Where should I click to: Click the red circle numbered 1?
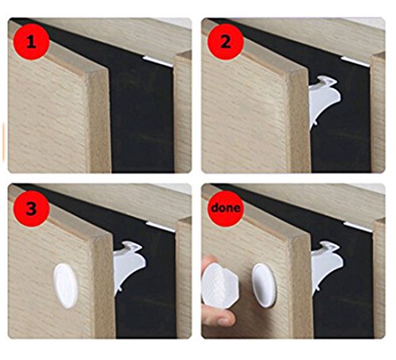point(31,43)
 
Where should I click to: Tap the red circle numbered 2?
point(225,43)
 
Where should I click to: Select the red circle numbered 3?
point(31,210)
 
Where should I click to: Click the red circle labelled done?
point(226,208)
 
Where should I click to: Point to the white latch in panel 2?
point(323,101)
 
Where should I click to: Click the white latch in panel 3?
point(128,266)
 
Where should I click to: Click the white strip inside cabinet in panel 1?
point(158,61)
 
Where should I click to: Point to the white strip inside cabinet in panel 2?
point(355,61)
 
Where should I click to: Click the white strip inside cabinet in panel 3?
point(161,227)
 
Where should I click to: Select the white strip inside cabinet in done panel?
point(358,227)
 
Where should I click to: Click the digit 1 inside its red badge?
point(31,43)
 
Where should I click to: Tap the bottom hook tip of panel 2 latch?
point(315,123)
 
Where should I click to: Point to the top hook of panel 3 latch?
point(132,246)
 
